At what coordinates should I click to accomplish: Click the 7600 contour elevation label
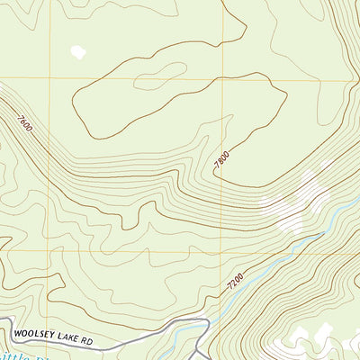coord(24,122)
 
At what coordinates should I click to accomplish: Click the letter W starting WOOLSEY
coord(17,341)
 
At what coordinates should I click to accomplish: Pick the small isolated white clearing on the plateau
coord(79,51)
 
